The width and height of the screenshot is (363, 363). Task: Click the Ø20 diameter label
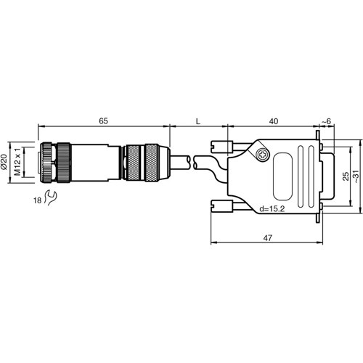(7, 163)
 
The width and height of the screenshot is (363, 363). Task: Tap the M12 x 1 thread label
(20, 163)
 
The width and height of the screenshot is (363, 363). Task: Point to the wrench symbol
(50, 195)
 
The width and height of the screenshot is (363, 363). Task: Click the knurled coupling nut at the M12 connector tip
(57, 163)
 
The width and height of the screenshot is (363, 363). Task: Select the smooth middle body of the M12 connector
(94, 163)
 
